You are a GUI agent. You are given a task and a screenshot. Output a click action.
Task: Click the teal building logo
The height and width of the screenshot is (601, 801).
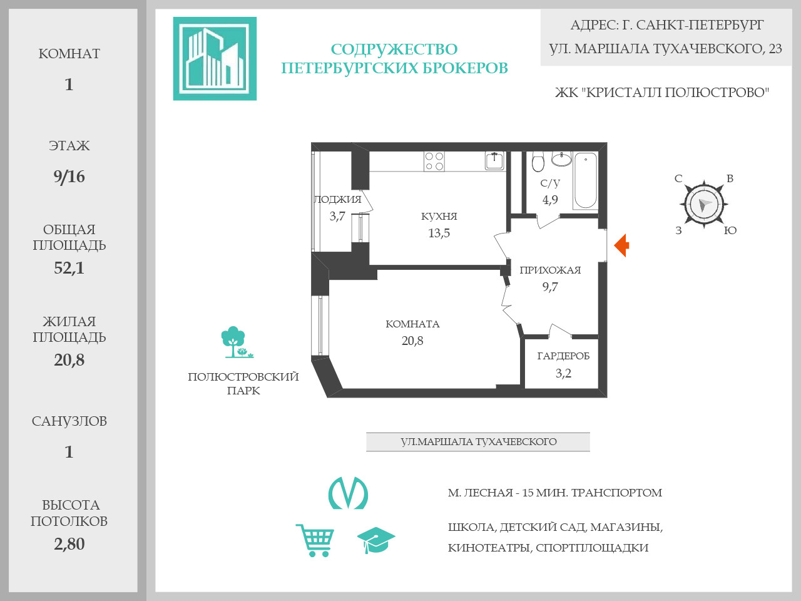click(x=215, y=58)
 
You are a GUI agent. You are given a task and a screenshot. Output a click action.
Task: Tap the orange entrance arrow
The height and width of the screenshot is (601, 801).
click(x=621, y=245)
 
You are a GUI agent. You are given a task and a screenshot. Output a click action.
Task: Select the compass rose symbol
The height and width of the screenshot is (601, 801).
click(x=704, y=204)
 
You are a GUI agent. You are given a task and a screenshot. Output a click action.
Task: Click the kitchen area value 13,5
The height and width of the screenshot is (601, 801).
click(x=439, y=233)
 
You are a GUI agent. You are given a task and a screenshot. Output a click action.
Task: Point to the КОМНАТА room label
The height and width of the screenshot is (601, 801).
click(x=412, y=324)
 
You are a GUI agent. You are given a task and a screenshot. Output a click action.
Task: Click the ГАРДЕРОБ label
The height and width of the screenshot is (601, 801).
click(x=563, y=356)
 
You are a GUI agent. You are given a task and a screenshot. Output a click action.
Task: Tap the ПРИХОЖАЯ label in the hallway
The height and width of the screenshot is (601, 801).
click(x=550, y=270)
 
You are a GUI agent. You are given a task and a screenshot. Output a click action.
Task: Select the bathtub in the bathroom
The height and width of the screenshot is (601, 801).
click(x=586, y=180)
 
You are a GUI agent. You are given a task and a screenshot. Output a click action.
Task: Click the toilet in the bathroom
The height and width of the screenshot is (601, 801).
click(x=538, y=162)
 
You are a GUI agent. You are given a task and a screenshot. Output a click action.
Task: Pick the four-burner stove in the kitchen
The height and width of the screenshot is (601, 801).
click(x=434, y=162)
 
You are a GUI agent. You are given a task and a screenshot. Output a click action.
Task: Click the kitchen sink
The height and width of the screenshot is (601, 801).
click(x=494, y=160)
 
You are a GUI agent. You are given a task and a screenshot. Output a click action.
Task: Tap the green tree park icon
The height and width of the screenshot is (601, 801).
click(x=235, y=342)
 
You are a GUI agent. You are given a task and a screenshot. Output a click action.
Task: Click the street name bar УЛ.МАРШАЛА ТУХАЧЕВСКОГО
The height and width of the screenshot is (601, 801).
click(x=478, y=441)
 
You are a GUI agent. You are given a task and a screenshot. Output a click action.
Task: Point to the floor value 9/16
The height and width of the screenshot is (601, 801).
click(x=69, y=177)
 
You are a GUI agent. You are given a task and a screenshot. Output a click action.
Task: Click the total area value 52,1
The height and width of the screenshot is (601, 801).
click(x=69, y=268)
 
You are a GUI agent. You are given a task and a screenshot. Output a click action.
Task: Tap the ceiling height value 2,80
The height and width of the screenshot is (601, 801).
click(x=69, y=544)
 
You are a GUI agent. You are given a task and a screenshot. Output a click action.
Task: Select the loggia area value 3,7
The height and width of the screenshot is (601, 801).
click(x=337, y=216)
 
